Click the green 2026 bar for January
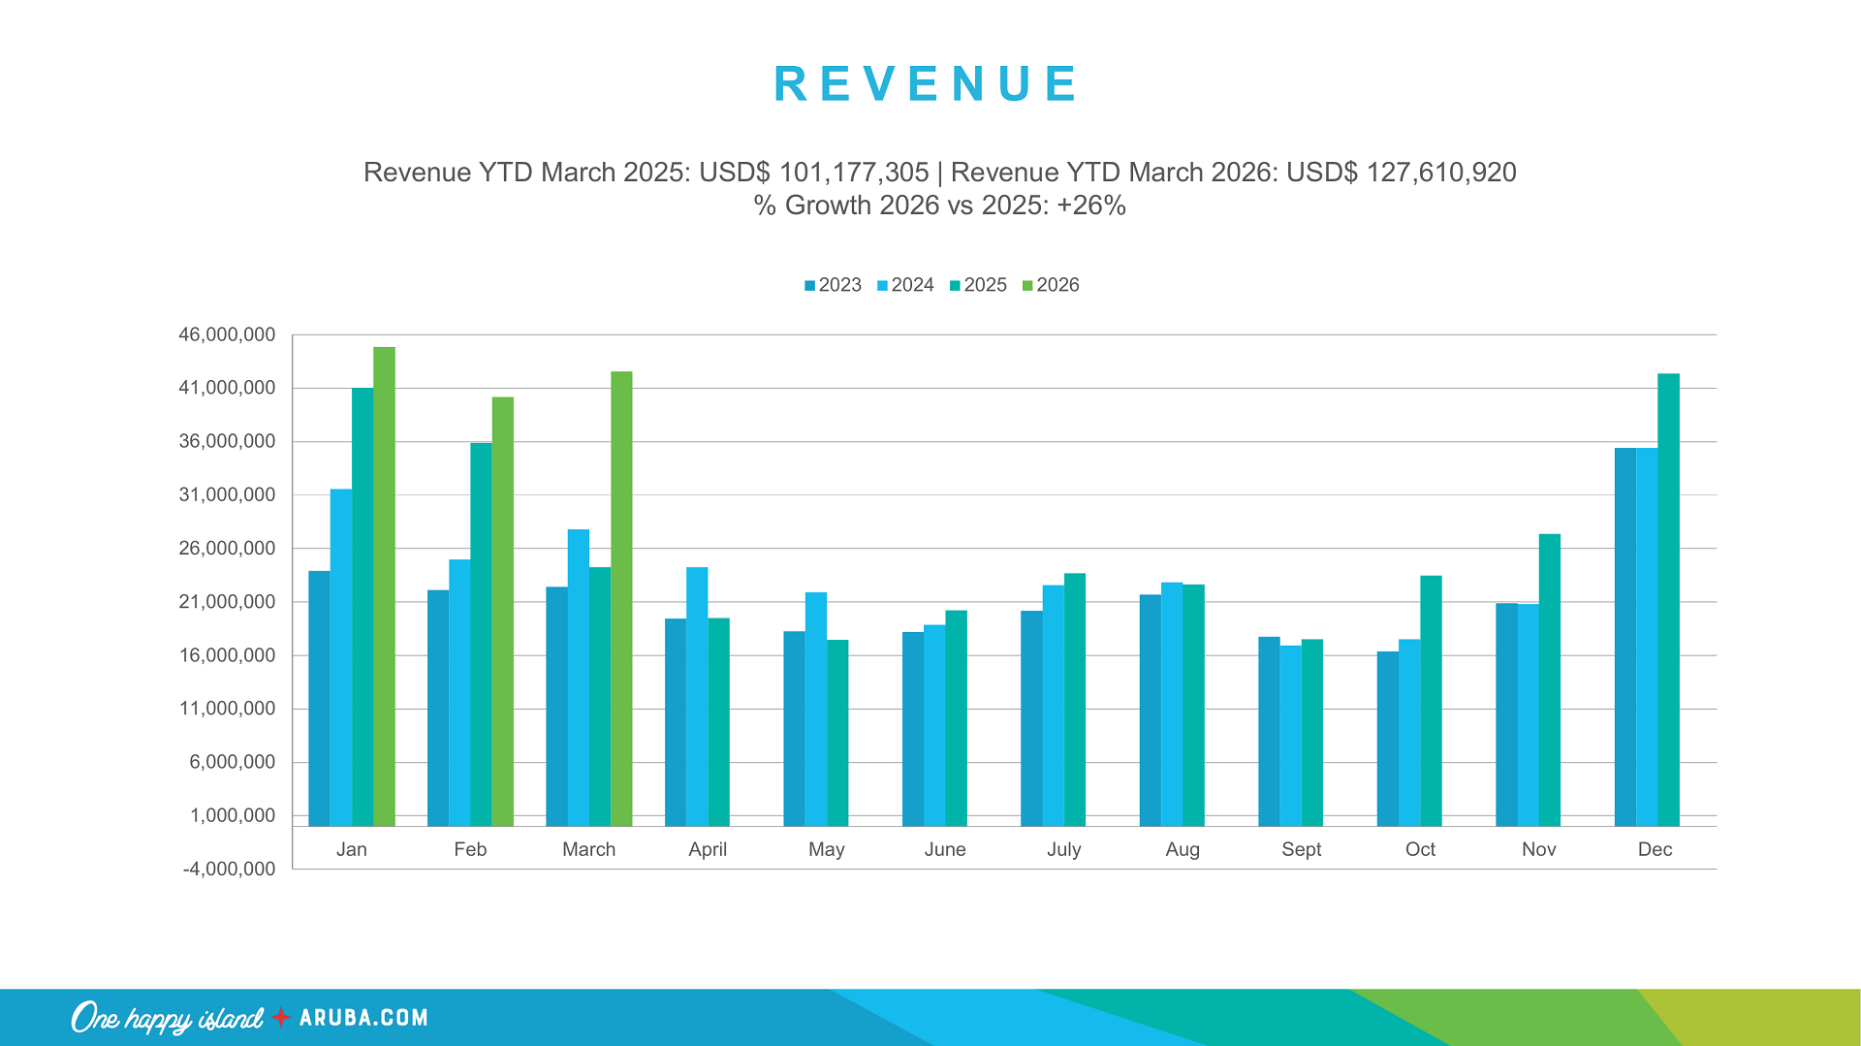click(384, 586)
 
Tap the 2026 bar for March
click(621, 598)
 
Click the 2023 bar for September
click(1269, 731)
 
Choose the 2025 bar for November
click(1549, 680)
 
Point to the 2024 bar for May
click(816, 709)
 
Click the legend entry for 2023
click(833, 285)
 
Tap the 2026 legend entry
click(1051, 285)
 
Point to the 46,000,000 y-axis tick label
click(227, 334)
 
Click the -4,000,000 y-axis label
click(229, 869)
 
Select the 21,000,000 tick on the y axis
click(227, 601)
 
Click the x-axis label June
click(945, 849)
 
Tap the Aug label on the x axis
click(1183, 849)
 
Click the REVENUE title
click(927, 83)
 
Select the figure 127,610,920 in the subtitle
click(1440, 173)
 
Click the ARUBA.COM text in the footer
click(363, 1018)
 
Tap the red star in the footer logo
click(281, 1017)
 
